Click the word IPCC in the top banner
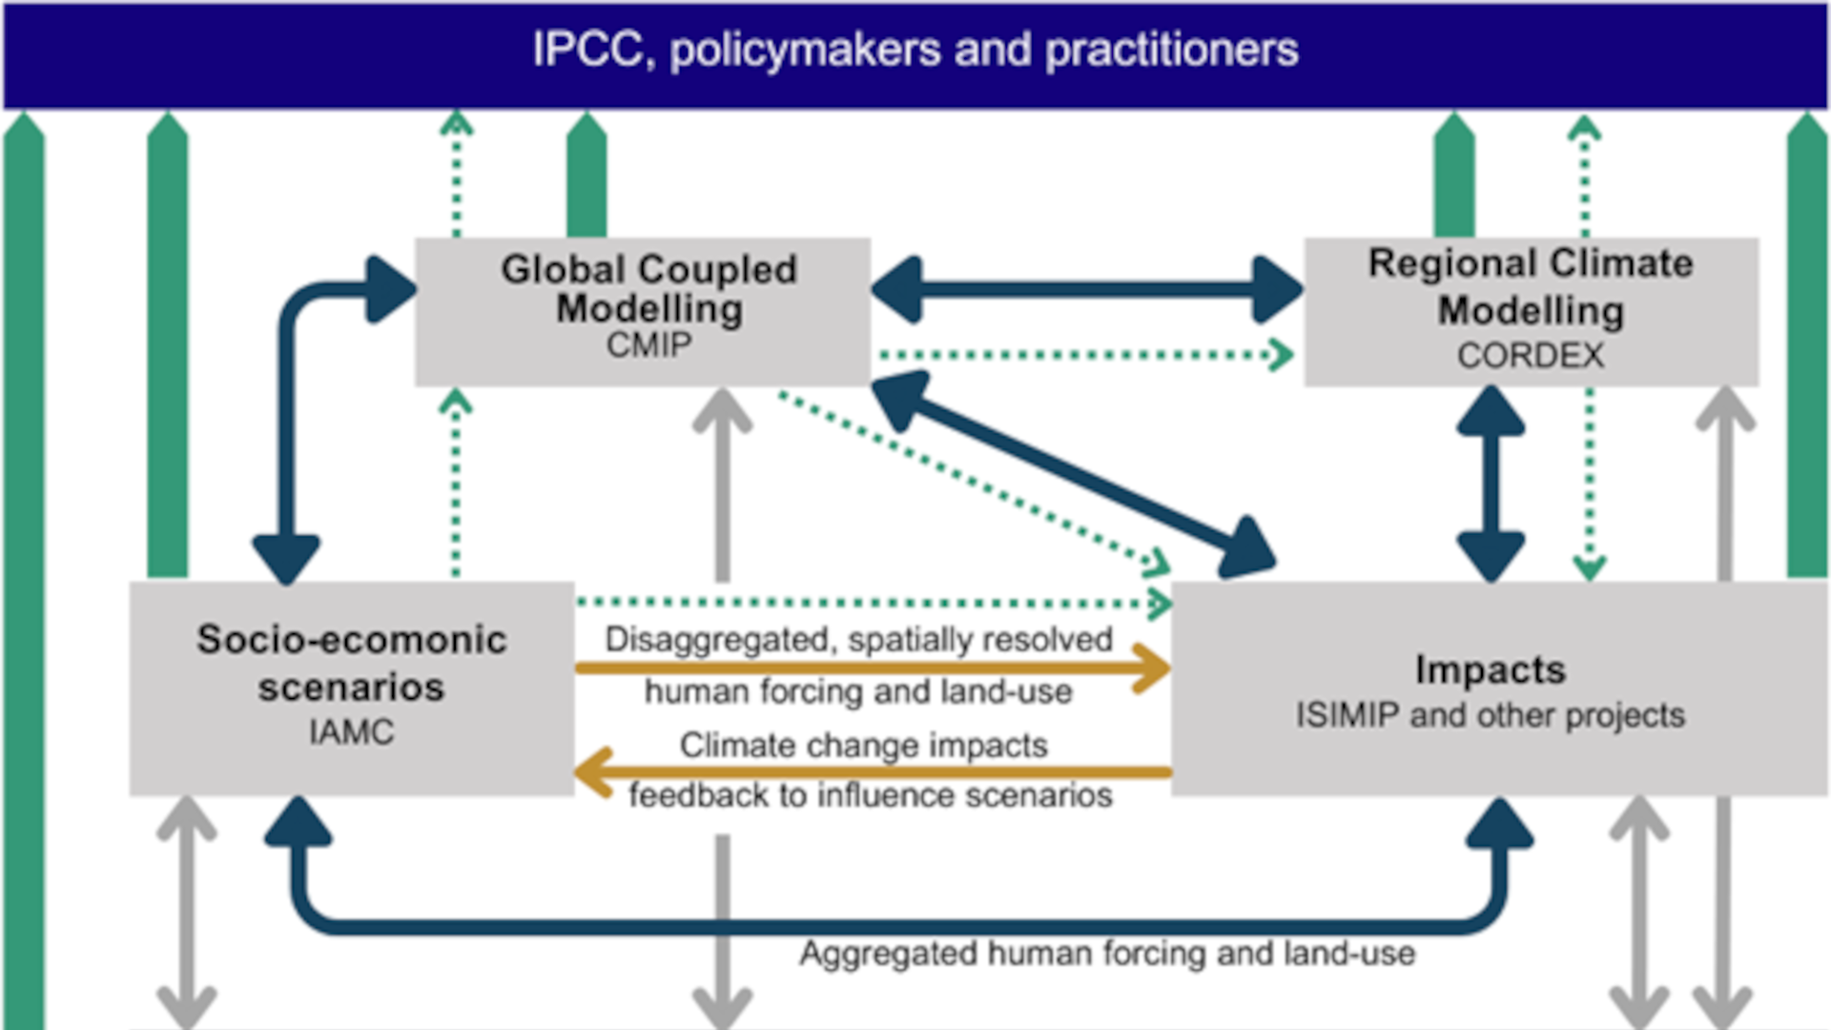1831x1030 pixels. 587,50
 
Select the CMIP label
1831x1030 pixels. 648,345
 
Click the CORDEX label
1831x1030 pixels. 1530,356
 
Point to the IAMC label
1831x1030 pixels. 351,732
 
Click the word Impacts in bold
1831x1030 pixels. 1490,669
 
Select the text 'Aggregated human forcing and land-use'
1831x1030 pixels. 1106,953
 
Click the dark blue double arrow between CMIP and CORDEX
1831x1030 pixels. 1087,289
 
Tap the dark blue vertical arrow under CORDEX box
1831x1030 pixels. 1491,484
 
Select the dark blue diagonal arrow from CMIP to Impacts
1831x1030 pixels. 1074,474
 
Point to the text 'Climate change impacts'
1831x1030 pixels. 863,745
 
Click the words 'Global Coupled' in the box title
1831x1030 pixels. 648,270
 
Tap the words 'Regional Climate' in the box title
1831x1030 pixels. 1530,263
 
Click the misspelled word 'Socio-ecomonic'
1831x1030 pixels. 351,640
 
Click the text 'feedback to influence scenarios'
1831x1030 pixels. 870,795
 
